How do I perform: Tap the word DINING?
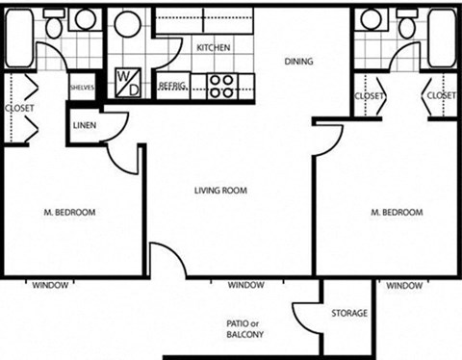[x=298, y=62]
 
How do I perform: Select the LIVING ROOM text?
[x=220, y=191]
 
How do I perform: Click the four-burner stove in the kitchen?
[x=220, y=86]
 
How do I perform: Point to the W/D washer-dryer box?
[x=127, y=80]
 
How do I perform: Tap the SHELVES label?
[x=80, y=87]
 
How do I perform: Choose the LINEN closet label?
[x=83, y=126]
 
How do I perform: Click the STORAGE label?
[x=347, y=314]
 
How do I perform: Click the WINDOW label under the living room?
[x=246, y=286]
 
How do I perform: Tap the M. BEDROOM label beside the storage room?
[x=396, y=212]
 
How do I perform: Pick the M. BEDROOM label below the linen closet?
[x=69, y=212]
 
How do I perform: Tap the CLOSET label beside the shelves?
[x=18, y=109]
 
